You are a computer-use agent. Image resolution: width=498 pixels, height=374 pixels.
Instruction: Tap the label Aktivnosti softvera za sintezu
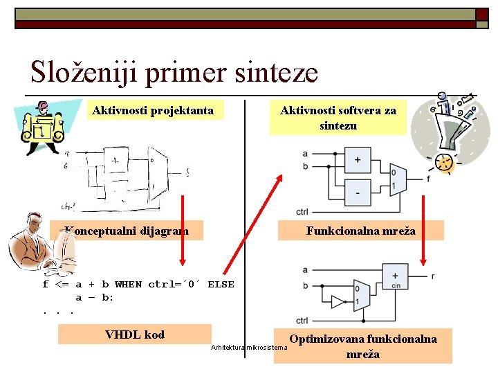click(338, 118)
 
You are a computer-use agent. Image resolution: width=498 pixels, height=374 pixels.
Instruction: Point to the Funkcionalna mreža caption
click(360, 231)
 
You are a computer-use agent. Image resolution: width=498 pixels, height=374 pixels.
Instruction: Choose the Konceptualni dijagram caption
click(127, 231)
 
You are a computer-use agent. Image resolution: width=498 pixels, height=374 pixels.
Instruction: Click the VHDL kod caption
click(134, 335)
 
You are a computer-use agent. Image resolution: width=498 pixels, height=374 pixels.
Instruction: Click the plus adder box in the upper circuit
click(357, 159)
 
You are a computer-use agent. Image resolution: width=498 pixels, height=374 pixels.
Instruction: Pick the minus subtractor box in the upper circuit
click(357, 192)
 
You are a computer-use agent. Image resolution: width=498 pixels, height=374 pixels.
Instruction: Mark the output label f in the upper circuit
click(428, 179)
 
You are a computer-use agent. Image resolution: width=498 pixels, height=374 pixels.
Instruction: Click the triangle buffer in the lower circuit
click(338, 301)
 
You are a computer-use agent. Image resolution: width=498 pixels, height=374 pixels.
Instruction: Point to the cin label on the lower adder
click(395, 285)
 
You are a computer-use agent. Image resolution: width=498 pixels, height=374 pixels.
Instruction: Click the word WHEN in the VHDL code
click(128, 284)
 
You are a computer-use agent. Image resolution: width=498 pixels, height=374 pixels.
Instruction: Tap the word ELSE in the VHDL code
click(221, 284)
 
